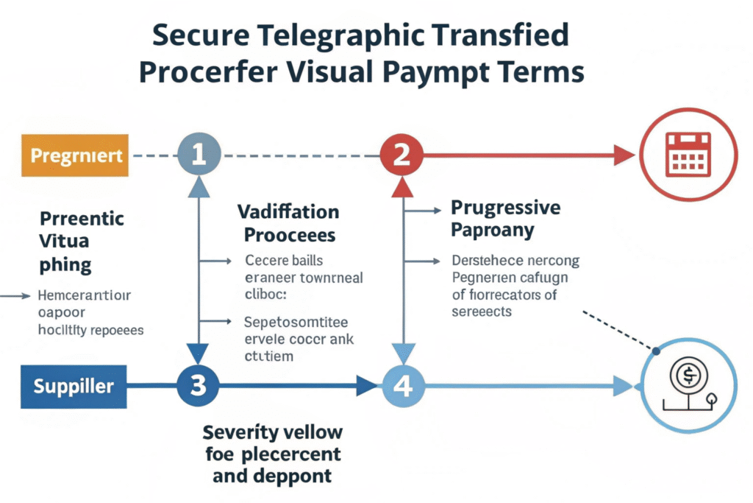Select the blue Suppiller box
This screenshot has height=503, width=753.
point(74,385)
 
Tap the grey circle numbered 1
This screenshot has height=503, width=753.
point(198,155)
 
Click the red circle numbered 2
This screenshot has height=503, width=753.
point(402,155)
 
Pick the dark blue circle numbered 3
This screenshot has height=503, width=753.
point(198,384)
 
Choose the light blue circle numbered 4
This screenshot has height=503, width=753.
point(402,384)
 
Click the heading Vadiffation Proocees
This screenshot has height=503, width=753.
point(288,224)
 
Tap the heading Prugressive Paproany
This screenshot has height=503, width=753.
point(505,219)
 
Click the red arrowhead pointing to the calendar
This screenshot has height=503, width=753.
point(624,155)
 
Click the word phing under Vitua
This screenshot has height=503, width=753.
point(65,265)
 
